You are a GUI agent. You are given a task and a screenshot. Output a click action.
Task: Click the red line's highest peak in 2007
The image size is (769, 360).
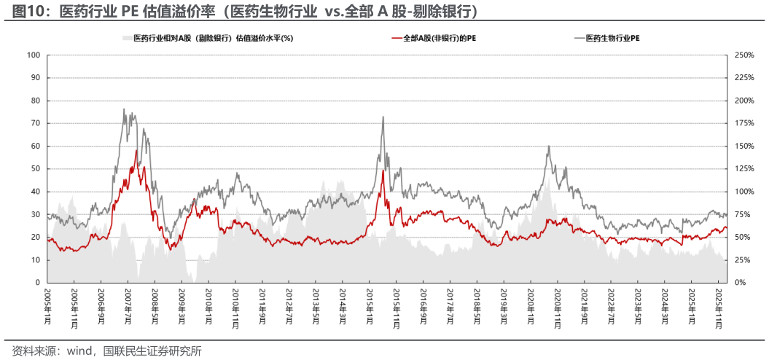click(136, 151)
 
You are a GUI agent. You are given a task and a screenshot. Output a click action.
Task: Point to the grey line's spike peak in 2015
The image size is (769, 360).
click(383, 117)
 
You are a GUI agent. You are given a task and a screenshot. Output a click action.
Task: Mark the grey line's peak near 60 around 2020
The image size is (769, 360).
click(548, 146)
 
